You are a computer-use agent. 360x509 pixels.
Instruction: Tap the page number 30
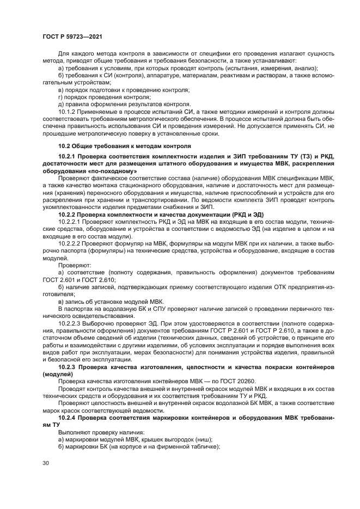pos(47,464)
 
